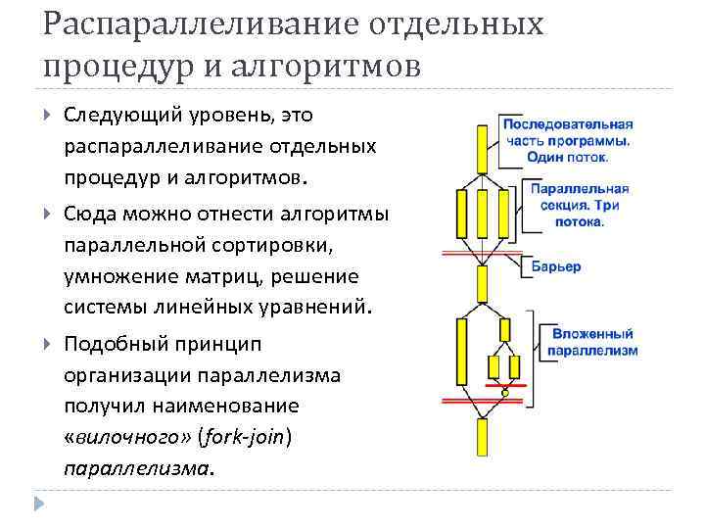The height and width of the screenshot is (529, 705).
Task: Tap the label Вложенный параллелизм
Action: (591, 342)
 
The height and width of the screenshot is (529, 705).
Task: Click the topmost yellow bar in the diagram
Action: (482, 148)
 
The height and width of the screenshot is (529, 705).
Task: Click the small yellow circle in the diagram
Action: (504, 394)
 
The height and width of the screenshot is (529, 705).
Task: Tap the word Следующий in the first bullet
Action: (122, 115)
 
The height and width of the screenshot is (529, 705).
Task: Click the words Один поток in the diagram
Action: (566, 156)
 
